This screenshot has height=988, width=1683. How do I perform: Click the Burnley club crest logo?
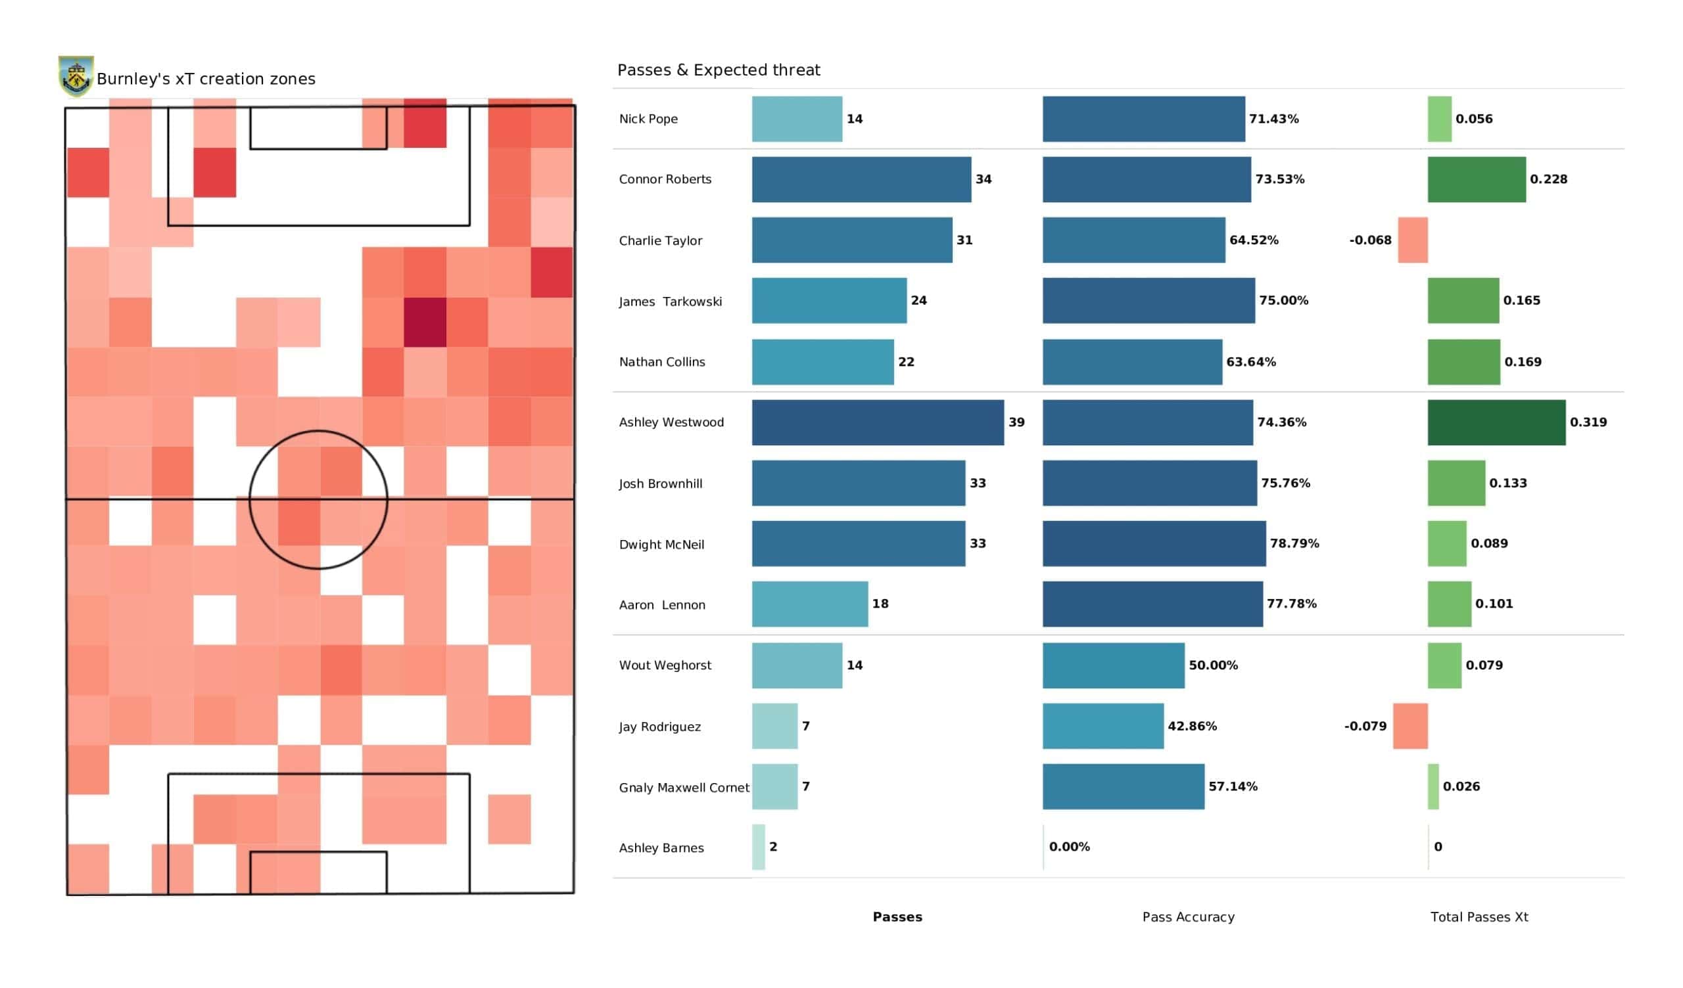[x=76, y=76]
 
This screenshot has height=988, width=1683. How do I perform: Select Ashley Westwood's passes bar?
[x=878, y=422]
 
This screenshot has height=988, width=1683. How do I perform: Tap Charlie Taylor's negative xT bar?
[x=1413, y=240]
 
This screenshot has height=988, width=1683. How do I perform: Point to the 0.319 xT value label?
[x=1588, y=422]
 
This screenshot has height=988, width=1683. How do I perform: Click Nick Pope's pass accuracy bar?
[x=1143, y=119]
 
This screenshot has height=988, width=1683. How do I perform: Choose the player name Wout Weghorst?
[x=665, y=665]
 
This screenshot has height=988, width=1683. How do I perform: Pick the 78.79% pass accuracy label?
[x=1294, y=543]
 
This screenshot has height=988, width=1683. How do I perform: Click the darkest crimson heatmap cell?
[x=425, y=323]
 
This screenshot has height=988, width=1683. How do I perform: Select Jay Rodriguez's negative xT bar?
[x=1411, y=727]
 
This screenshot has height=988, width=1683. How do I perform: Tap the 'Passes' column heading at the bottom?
[x=897, y=917]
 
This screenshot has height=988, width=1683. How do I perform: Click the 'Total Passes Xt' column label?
[x=1479, y=917]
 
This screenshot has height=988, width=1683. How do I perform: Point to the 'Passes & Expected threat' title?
[x=719, y=70]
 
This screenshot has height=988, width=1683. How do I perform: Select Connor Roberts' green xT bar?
[x=1477, y=179]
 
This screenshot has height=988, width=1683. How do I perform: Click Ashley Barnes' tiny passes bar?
[x=758, y=847]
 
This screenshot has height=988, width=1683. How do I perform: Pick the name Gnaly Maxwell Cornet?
[x=684, y=788]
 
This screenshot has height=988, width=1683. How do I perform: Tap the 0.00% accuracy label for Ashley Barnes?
[x=1069, y=847]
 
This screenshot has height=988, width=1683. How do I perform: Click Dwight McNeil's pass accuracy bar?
[x=1154, y=543]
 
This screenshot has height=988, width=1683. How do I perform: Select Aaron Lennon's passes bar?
[x=809, y=604]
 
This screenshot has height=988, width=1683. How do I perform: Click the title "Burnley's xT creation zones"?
[x=206, y=79]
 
